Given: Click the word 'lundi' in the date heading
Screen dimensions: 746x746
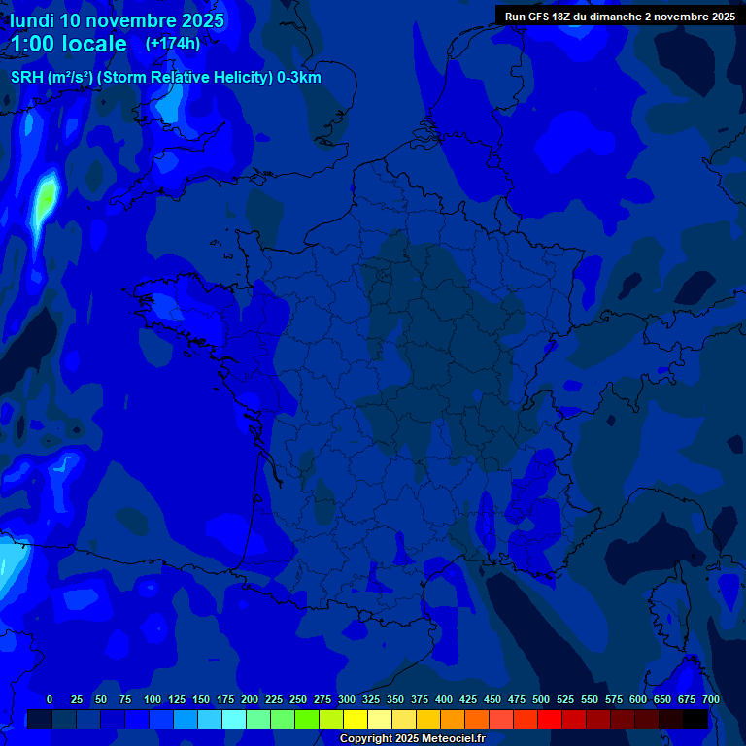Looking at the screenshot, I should [x=33, y=20].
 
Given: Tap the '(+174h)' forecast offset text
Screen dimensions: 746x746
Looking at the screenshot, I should [x=172, y=43].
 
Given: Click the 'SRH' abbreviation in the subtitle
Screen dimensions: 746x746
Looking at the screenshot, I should [x=26, y=78].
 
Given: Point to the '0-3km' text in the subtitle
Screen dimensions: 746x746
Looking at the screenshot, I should [x=299, y=78].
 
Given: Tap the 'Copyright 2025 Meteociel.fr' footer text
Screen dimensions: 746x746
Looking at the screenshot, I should [x=412, y=738].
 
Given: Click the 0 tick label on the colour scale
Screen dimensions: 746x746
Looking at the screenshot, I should [x=50, y=699].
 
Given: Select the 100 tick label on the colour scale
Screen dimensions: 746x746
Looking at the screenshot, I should [x=153, y=699].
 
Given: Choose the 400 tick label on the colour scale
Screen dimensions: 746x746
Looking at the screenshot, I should [x=444, y=699].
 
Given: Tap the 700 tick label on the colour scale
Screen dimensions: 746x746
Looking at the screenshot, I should [x=711, y=699].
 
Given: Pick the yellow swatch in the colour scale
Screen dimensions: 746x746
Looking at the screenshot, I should [x=356, y=719].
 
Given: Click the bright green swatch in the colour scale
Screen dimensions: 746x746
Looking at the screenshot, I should [x=307, y=719].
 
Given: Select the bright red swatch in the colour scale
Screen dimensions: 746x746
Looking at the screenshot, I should [x=550, y=719].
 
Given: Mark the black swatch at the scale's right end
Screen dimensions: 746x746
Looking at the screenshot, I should [x=695, y=719].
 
